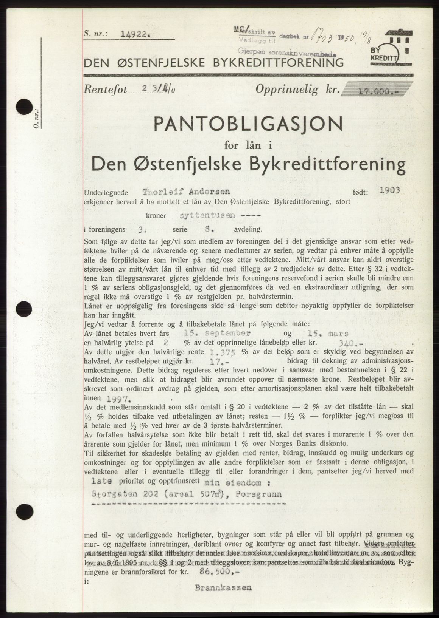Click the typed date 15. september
[x=216, y=334]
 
